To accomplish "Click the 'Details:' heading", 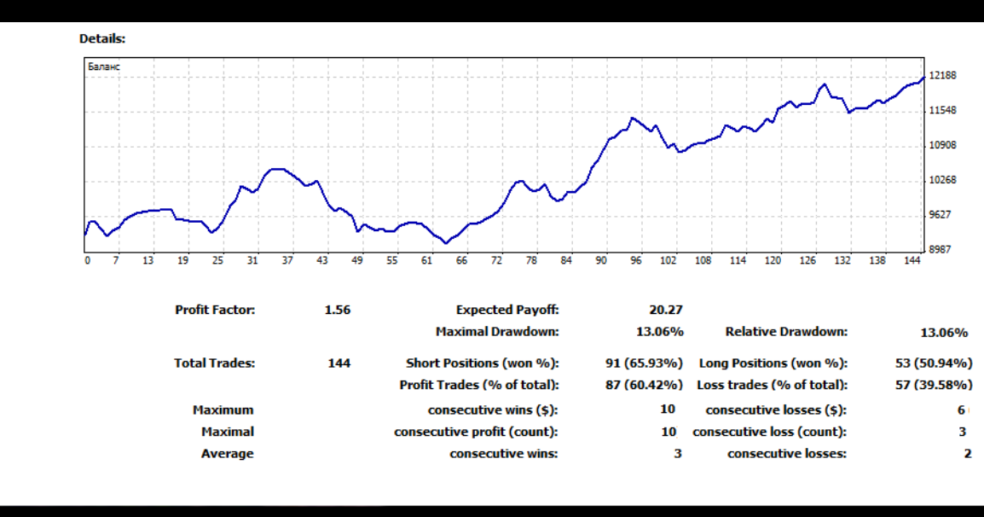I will pyautogui.click(x=102, y=38).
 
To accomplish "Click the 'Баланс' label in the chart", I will pyautogui.click(x=103, y=67).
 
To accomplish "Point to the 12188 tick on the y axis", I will pyautogui.click(x=942, y=75).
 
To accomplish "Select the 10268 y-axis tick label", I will pyautogui.click(x=942, y=180).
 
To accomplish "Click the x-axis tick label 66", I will pyautogui.click(x=461, y=261).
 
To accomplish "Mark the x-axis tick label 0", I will pyautogui.click(x=87, y=261).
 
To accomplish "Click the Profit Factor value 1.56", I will pyautogui.click(x=338, y=310).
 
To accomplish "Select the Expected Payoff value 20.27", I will pyautogui.click(x=666, y=310).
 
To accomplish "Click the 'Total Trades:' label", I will pyautogui.click(x=214, y=363).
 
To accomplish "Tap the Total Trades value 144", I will pyautogui.click(x=339, y=363).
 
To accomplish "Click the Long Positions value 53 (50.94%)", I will pyautogui.click(x=934, y=363).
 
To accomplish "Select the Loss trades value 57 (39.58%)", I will pyautogui.click(x=934, y=385).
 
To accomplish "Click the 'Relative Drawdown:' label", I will pyautogui.click(x=786, y=332).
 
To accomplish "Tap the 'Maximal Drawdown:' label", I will pyautogui.click(x=497, y=332).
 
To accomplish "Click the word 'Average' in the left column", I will pyautogui.click(x=228, y=454).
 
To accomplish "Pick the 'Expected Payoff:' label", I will pyautogui.click(x=507, y=310).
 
